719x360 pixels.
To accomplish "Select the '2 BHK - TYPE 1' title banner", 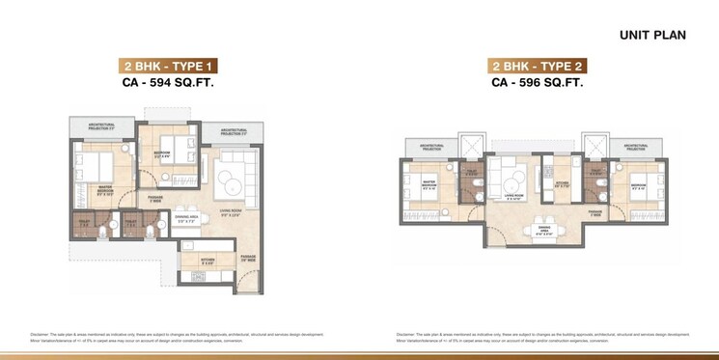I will [168, 67].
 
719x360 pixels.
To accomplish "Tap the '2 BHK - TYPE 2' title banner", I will [539, 67].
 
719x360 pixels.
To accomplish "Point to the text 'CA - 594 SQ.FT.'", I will [168, 84].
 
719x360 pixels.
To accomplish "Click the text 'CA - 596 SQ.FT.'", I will [539, 84].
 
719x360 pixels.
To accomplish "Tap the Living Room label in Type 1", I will [230, 214].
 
